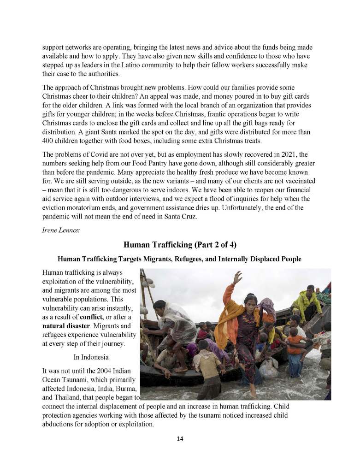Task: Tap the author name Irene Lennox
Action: [x=61, y=230]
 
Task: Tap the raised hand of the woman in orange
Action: [x=238, y=277]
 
